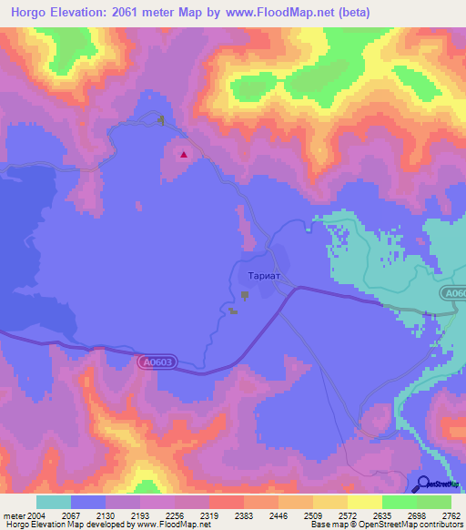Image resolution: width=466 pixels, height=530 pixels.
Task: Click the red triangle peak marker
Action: [184, 154]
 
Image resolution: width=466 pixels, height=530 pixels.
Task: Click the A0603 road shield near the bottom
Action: [157, 362]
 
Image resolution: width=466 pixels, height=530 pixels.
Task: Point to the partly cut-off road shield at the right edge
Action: [454, 293]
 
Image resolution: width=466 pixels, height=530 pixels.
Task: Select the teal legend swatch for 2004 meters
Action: [53, 502]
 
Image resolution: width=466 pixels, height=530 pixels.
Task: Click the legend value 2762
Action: [451, 515]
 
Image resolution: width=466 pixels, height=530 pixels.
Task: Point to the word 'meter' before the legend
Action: [15, 515]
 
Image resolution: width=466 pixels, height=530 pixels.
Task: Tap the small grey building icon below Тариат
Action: [245, 294]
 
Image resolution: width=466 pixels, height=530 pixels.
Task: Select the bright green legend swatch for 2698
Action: [400, 502]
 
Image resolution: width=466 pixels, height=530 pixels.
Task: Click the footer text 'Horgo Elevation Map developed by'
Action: [66, 525]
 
